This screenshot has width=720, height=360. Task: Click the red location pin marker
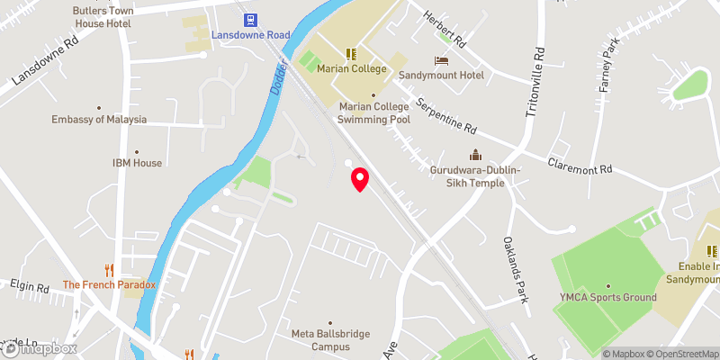click(360, 178)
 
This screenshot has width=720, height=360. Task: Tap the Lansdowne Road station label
click(251, 35)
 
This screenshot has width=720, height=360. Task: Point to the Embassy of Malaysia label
click(99, 120)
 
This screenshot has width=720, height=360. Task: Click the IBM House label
click(137, 163)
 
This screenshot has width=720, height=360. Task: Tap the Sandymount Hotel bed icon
click(441, 60)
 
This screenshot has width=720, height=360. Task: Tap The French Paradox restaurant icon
click(110, 269)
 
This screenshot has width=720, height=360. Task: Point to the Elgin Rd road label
click(30, 288)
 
